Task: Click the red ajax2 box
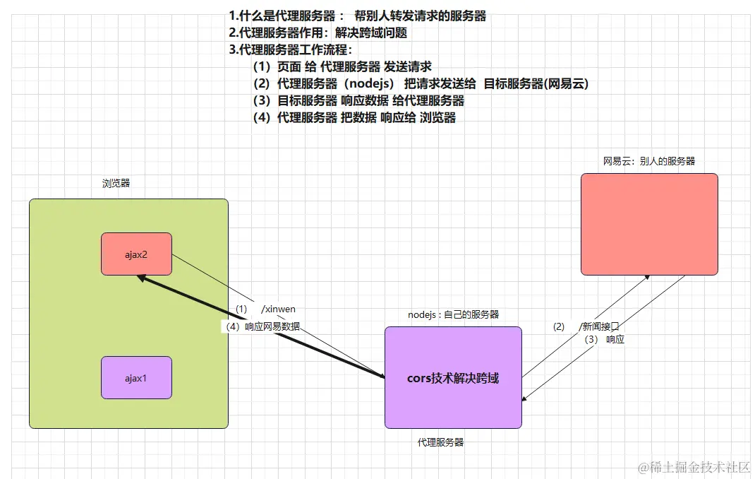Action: click(136, 254)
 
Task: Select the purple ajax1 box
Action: click(136, 377)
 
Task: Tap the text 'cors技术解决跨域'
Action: click(453, 378)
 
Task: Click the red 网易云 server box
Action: click(649, 224)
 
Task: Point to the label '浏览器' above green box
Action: click(116, 183)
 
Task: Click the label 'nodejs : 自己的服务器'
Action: click(453, 314)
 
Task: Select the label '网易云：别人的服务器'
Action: click(648, 161)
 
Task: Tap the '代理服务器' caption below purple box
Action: click(440, 442)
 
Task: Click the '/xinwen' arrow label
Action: click(278, 309)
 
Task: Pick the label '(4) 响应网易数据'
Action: click(262, 326)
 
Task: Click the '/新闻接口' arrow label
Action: click(598, 326)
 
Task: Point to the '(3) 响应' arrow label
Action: click(605, 339)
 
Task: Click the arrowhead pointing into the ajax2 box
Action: click(141, 278)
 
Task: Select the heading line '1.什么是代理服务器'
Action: click(282, 16)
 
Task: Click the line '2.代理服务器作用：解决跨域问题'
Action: click(318, 32)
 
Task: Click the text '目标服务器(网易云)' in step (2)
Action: click(536, 83)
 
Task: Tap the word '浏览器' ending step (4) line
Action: click(437, 117)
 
